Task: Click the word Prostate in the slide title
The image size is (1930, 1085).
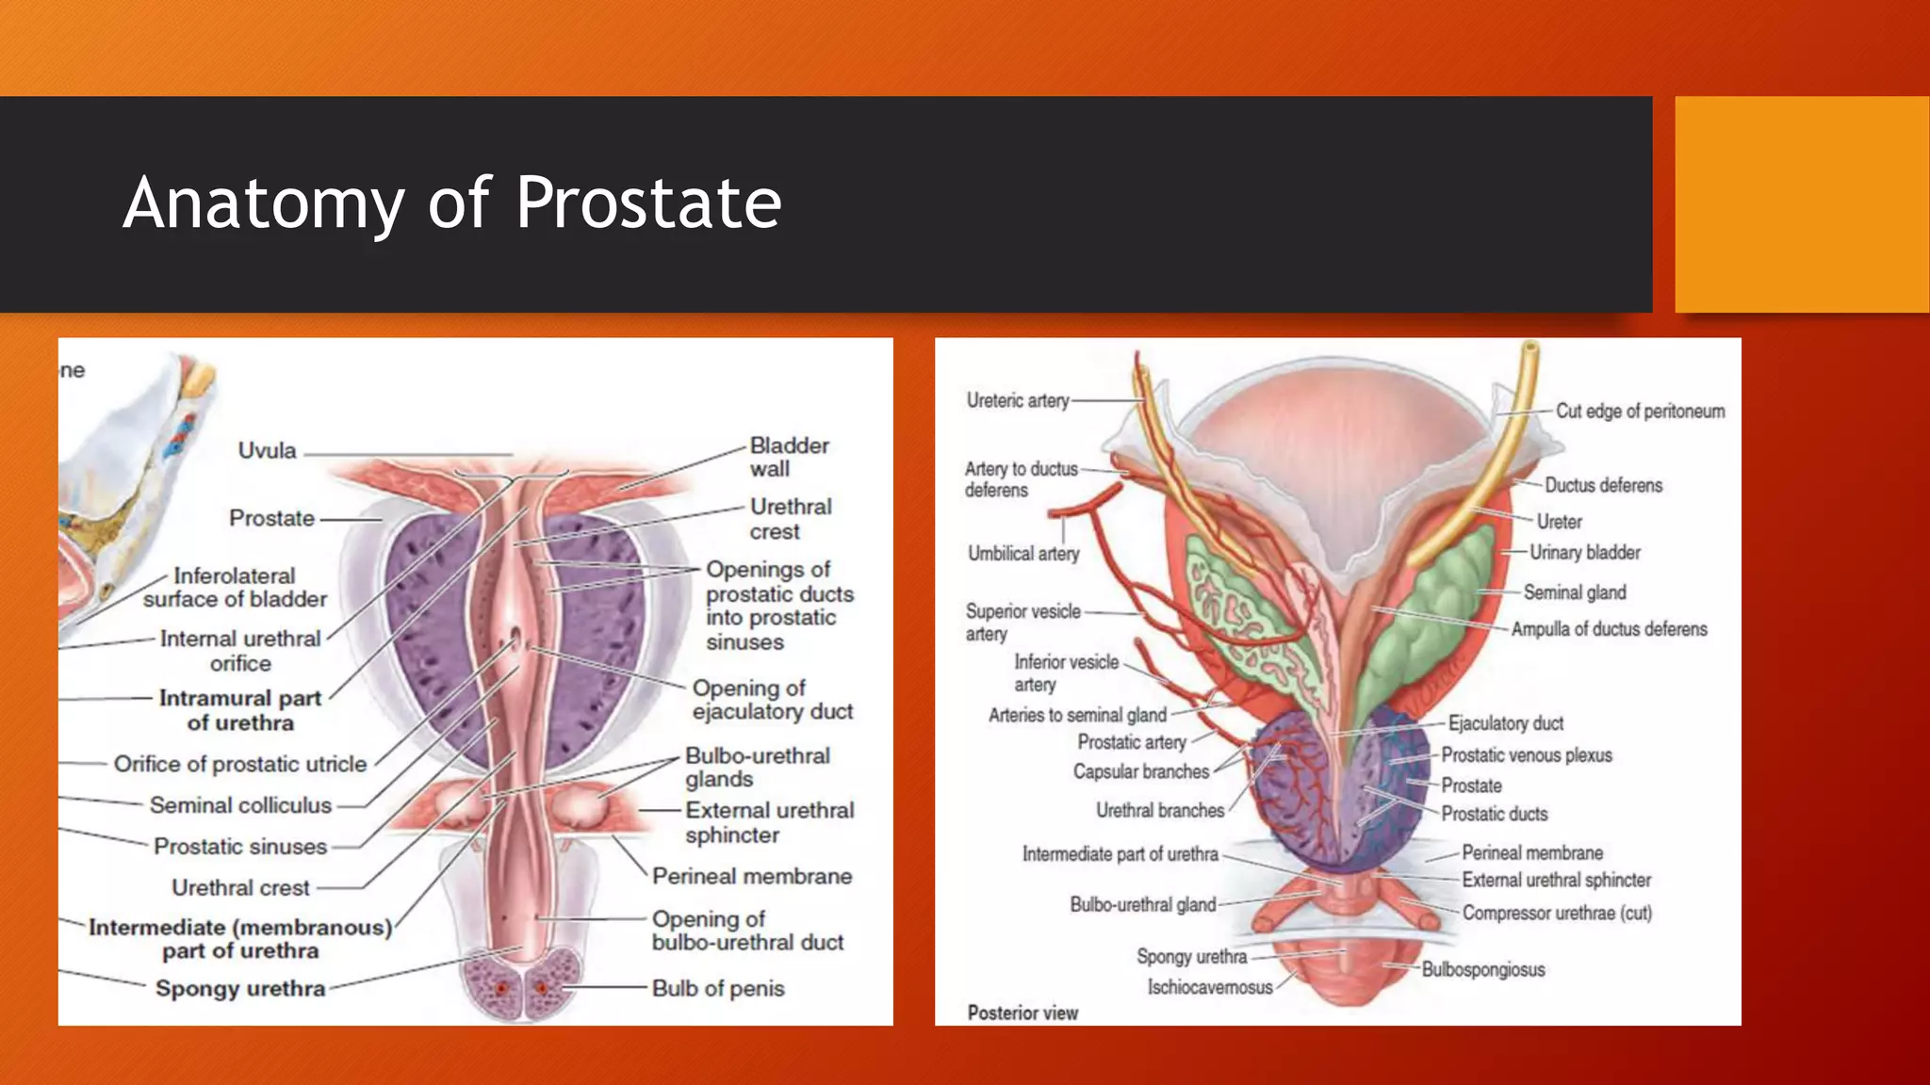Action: point(648,202)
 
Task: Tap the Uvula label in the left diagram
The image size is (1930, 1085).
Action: point(267,450)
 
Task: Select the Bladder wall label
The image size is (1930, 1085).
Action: point(789,457)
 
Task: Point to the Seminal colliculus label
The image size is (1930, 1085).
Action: point(240,805)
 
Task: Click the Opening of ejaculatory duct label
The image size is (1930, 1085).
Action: point(772,700)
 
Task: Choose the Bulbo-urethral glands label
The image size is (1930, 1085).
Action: point(757,768)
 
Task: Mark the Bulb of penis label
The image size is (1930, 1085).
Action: point(718,988)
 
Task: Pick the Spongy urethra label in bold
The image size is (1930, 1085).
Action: point(240,988)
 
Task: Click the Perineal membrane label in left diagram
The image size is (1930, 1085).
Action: point(752,876)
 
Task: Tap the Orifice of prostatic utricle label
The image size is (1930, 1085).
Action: point(240,764)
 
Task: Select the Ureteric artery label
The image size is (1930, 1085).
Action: point(1018,400)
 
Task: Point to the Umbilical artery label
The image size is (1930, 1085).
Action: point(1023,554)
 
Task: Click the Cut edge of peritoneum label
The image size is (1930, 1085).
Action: point(1640,411)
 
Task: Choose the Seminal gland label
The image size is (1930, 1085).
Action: point(1575,592)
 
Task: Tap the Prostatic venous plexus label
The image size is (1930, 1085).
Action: point(1527,754)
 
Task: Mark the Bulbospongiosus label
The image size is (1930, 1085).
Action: point(1483,969)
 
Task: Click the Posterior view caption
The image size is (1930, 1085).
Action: point(1022,1012)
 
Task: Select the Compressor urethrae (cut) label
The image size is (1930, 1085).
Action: point(1557,913)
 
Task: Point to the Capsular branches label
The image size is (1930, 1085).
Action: point(1141,771)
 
